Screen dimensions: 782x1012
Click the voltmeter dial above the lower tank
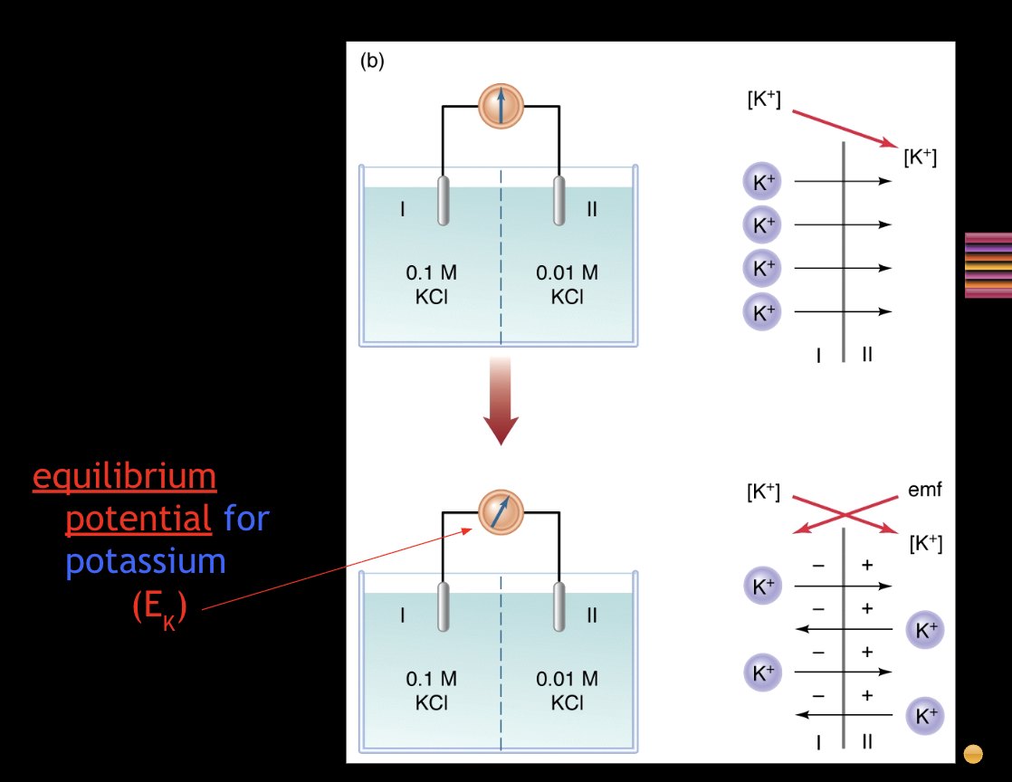click(x=501, y=511)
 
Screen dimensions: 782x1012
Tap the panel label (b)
click(x=372, y=62)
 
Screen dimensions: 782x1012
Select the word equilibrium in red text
click(x=125, y=476)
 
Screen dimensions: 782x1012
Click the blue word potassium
click(x=145, y=561)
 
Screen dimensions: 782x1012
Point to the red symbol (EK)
click(x=159, y=608)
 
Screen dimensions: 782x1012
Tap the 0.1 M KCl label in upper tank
click(x=432, y=284)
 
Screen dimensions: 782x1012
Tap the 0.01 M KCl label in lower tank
click(x=567, y=690)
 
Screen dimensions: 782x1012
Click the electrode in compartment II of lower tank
click(x=559, y=605)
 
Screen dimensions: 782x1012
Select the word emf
click(x=925, y=491)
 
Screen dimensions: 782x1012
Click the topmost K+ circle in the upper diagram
click(x=760, y=181)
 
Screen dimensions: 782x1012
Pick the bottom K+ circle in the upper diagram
click(x=760, y=312)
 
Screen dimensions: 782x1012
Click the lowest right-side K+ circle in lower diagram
click(x=925, y=716)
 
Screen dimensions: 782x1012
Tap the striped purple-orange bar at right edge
click(x=988, y=265)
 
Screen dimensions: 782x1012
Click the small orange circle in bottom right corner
click(x=973, y=753)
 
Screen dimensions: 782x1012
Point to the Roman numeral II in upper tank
click(x=592, y=209)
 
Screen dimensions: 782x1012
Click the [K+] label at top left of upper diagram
click(x=764, y=100)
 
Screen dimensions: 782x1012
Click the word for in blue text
click(x=246, y=519)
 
